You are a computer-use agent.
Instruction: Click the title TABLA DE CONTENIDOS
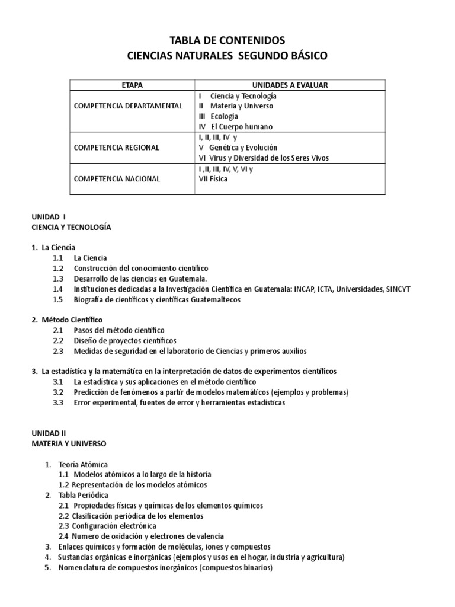[x=227, y=40]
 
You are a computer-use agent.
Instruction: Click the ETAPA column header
[x=132, y=85]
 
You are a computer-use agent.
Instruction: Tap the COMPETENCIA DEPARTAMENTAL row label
[x=127, y=106]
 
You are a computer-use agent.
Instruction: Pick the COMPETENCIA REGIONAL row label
[x=116, y=147]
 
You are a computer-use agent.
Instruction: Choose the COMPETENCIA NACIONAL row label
[x=116, y=179]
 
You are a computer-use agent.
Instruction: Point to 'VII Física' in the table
[x=213, y=179]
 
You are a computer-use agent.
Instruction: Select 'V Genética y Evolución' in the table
[x=238, y=147]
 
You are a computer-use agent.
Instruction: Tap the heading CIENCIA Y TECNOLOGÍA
[x=71, y=227]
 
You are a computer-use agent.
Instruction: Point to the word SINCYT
[x=393, y=289]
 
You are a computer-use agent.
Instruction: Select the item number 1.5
[x=57, y=300]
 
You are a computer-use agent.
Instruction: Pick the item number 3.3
[x=57, y=403]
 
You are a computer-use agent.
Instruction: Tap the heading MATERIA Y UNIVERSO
[x=69, y=443]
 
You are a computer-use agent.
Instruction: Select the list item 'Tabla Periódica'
[x=84, y=495]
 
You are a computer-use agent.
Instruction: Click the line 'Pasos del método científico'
[x=119, y=330]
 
